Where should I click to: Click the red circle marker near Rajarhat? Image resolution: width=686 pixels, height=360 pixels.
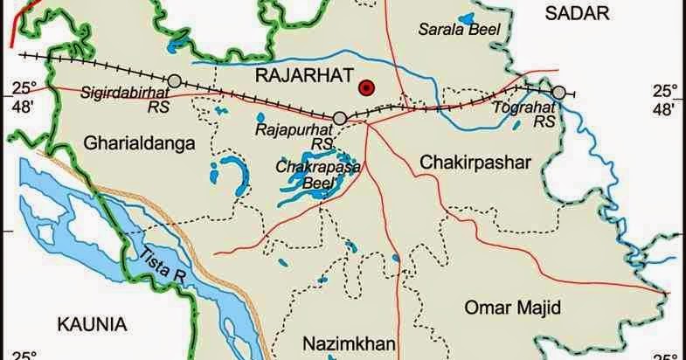click(368, 87)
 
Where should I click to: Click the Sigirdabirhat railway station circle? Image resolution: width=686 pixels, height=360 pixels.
click(175, 81)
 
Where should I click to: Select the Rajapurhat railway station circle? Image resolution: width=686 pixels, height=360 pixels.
click(341, 118)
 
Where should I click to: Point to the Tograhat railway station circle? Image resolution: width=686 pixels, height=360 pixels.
click(558, 92)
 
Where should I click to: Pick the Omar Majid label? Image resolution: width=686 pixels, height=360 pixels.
click(513, 307)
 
